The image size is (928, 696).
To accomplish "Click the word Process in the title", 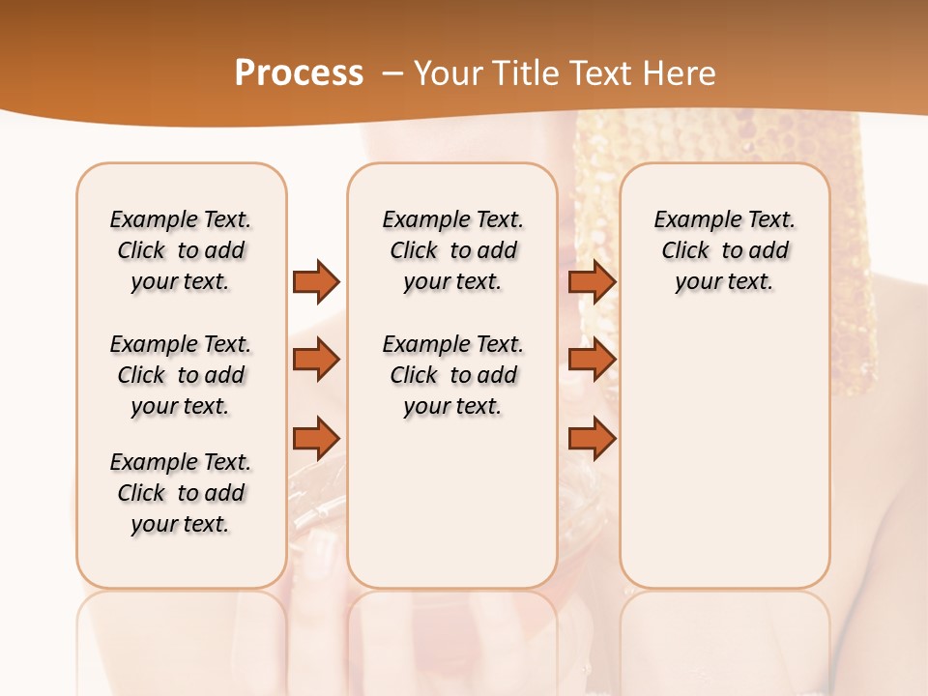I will (x=299, y=72).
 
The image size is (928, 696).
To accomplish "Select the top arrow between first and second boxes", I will (x=316, y=281).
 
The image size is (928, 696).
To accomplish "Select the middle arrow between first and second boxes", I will (x=316, y=360).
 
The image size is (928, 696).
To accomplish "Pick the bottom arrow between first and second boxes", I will (x=316, y=438).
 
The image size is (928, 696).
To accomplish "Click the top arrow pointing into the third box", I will (x=592, y=281).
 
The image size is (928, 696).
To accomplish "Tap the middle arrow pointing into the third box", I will (x=592, y=360).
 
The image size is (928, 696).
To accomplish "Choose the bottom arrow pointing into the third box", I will (x=592, y=438).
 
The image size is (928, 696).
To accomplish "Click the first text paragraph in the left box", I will (x=181, y=250).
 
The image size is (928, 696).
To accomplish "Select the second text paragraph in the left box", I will (x=181, y=375).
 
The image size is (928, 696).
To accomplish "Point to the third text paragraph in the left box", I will (x=181, y=493).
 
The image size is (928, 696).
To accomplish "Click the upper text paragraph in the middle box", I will (x=452, y=250).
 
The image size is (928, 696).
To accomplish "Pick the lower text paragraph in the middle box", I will (x=452, y=375).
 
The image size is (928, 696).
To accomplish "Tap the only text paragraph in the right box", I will (x=724, y=250).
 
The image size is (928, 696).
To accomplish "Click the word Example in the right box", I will (x=688, y=219).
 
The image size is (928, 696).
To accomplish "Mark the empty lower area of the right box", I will (x=724, y=454).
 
